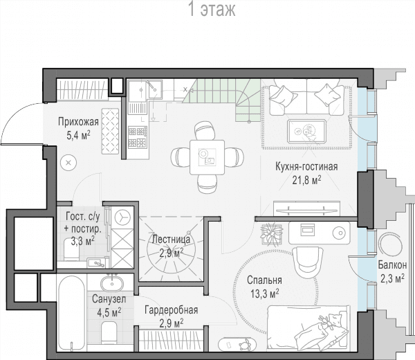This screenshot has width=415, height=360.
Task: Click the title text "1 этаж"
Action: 212,10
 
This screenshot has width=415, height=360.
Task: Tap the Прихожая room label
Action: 78,122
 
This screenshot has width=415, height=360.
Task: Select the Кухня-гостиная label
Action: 306,167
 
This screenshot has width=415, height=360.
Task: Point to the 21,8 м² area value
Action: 306,180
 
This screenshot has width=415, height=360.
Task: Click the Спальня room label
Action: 264,280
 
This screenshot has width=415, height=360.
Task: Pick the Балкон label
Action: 392,264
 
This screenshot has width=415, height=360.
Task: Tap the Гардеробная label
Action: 172,310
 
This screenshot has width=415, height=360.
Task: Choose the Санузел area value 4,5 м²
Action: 109,312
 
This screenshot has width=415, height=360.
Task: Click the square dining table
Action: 207,157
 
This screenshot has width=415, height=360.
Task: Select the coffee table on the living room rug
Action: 307,131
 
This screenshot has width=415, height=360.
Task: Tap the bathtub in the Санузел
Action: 72,313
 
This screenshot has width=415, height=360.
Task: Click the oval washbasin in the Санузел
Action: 111,284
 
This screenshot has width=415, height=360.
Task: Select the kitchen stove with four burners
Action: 138,136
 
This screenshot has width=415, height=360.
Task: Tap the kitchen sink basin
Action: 138,91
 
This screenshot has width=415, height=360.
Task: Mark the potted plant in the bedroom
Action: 271,234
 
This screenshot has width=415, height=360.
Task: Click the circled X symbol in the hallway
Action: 68,163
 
